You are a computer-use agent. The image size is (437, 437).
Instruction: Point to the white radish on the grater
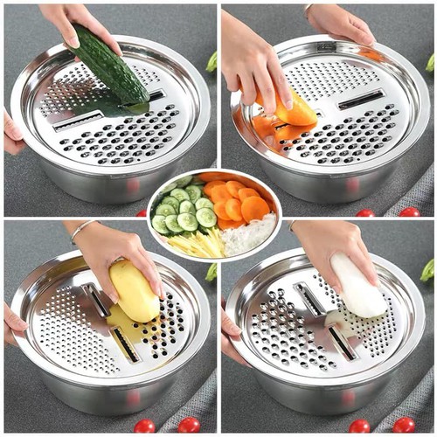pyautogui.click(x=358, y=288)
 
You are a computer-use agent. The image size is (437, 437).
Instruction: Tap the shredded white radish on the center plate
pyautogui.click(x=248, y=234)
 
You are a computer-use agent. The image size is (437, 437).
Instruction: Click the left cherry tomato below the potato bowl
pyautogui.click(x=144, y=427)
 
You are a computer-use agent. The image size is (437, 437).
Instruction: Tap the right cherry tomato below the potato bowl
pyautogui.click(x=188, y=426)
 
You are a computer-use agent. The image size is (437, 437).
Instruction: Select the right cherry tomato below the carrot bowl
pyautogui.click(x=410, y=212)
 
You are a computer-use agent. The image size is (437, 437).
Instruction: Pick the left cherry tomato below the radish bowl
pyautogui.click(x=359, y=427)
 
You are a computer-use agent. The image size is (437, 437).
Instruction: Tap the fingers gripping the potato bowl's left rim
pyautogui.click(x=12, y=323)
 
